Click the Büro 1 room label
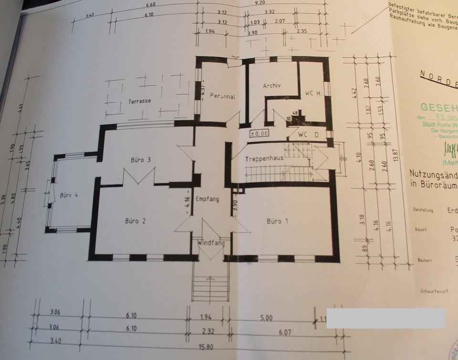click(x=277, y=221)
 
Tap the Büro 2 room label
click(x=135, y=221)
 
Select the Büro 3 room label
click(x=141, y=160)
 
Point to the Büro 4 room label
click(x=70, y=195)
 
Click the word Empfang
click(x=208, y=199)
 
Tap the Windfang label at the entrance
click(x=211, y=243)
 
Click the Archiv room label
click(x=272, y=86)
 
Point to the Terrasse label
click(x=139, y=101)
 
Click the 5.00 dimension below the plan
click(x=266, y=318)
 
